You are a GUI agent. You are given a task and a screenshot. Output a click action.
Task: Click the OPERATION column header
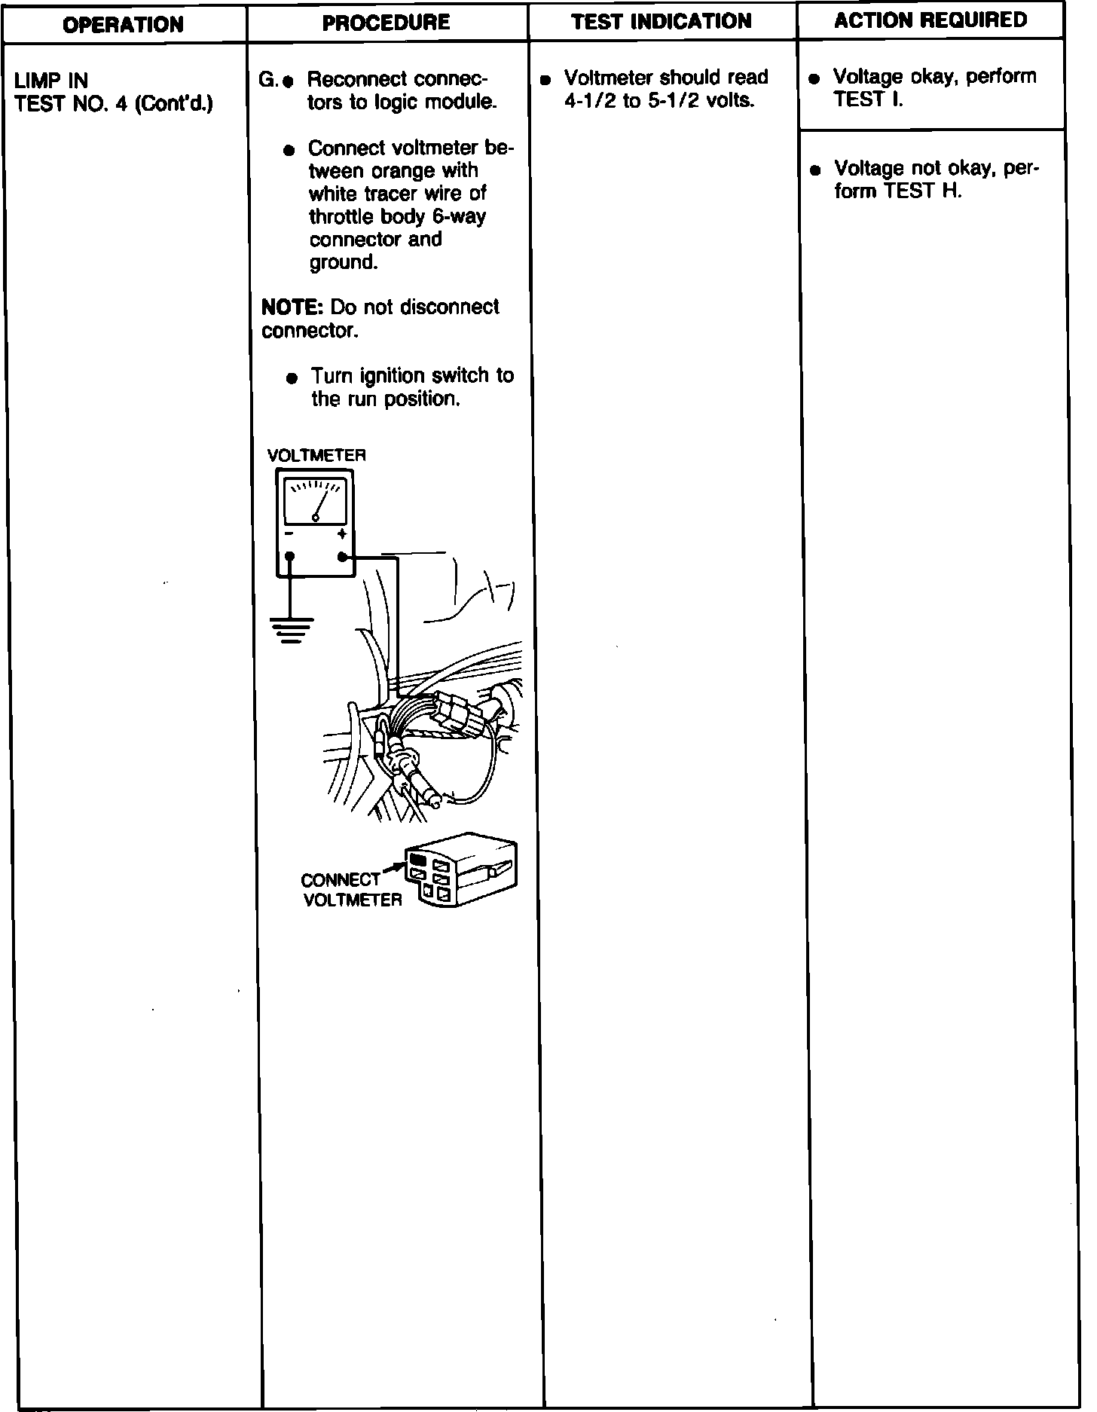click(x=123, y=25)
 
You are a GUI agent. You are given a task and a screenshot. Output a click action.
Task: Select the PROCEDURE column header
click(x=386, y=23)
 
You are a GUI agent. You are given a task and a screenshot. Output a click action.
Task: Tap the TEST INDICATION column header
click(x=662, y=21)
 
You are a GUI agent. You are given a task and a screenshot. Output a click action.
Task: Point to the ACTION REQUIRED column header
click(x=930, y=20)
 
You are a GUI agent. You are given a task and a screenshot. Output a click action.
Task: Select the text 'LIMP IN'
click(x=51, y=81)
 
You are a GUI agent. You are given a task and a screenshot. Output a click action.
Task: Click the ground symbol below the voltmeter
click(x=292, y=630)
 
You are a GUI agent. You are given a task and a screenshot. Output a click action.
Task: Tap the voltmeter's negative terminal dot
click(x=290, y=558)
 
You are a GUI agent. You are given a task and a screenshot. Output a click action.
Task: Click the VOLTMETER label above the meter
click(x=316, y=456)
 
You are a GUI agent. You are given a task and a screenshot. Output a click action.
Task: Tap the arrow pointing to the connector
click(x=393, y=870)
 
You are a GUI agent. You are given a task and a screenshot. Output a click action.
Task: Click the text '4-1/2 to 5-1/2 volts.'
click(x=659, y=101)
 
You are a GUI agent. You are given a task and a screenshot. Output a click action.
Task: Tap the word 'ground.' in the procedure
click(x=343, y=263)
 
